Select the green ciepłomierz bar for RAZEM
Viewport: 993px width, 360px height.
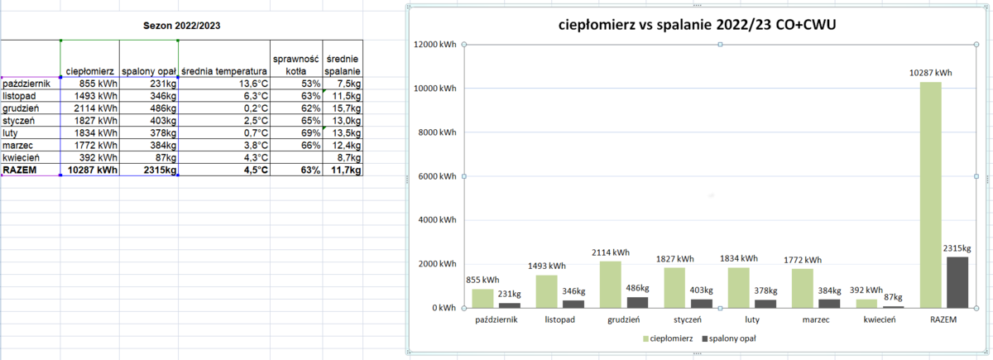[x=931, y=194]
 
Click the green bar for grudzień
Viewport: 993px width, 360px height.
[x=611, y=285]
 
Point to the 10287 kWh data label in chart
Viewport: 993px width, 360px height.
[x=931, y=73]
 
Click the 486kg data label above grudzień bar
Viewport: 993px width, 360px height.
[x=639, y=288]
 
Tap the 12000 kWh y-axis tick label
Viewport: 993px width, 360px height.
[x=433, y=45]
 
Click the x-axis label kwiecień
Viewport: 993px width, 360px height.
[x=879, y=319]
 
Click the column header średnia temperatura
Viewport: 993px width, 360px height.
[x=224, y=71]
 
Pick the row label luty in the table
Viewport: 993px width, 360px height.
[x=12, y=132]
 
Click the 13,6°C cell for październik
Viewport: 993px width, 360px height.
[x=249, y=84]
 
